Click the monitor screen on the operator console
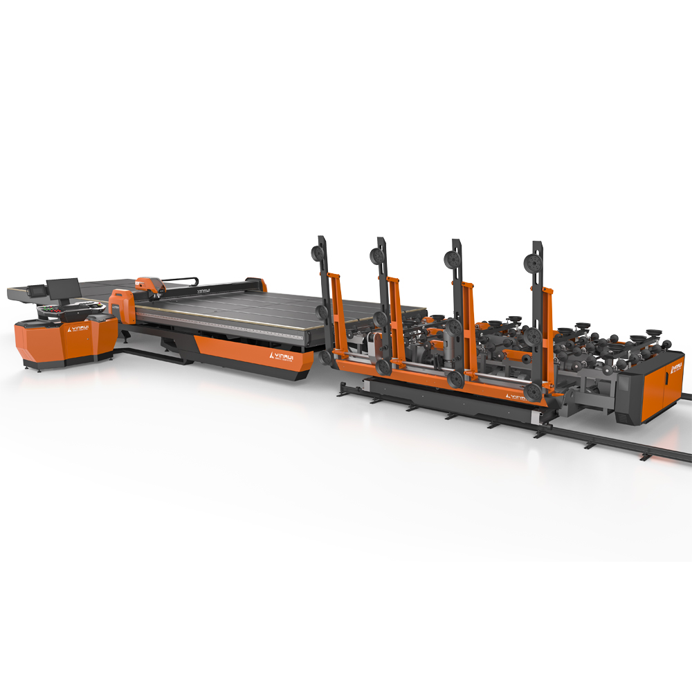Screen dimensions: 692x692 coord(62,288)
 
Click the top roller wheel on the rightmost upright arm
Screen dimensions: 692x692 coord(534,263)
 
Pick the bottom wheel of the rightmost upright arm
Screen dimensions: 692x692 coord(533,392)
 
